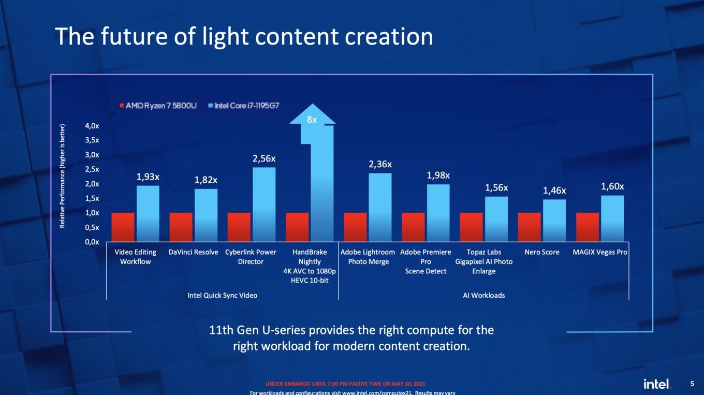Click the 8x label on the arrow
pyautogui.click(x=312, y=120)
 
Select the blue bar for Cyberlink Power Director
pyautogui.click(x=264, y=204)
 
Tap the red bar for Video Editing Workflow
pyautogui.click(x=123, y=227)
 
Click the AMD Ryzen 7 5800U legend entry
pyautogui.click(x=158, y=106)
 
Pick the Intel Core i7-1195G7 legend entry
pyautogui.click(x=244, y=106)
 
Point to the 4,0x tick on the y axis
pyautogui.click(x=92, y=126)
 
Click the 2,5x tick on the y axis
pyautogui.click(x=92, y=169)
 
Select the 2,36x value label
pyautogui.click(x=380, y=164)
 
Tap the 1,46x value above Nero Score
pyautogui.click(x=554, y=191)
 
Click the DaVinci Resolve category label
pyautogui.click(x=193, y=252)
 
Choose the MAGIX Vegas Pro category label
pyautogui.click(x=600, y=252)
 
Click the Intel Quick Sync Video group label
pyautogui.click(x=222, y=296)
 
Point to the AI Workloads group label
pyautogui.click(x=483, y=296)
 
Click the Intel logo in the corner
pyautogui.click(x=657, y=384)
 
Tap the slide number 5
pyautogui.click(x=693, y=384)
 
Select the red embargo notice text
pyautogui.click(x=345, y=384)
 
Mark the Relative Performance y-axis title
pyautogui.click(x=62, y=176)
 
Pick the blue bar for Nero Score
pyautogui.click(x=554, y=221)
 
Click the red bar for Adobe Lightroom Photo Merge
pyautogui.click(x=355, y=227)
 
